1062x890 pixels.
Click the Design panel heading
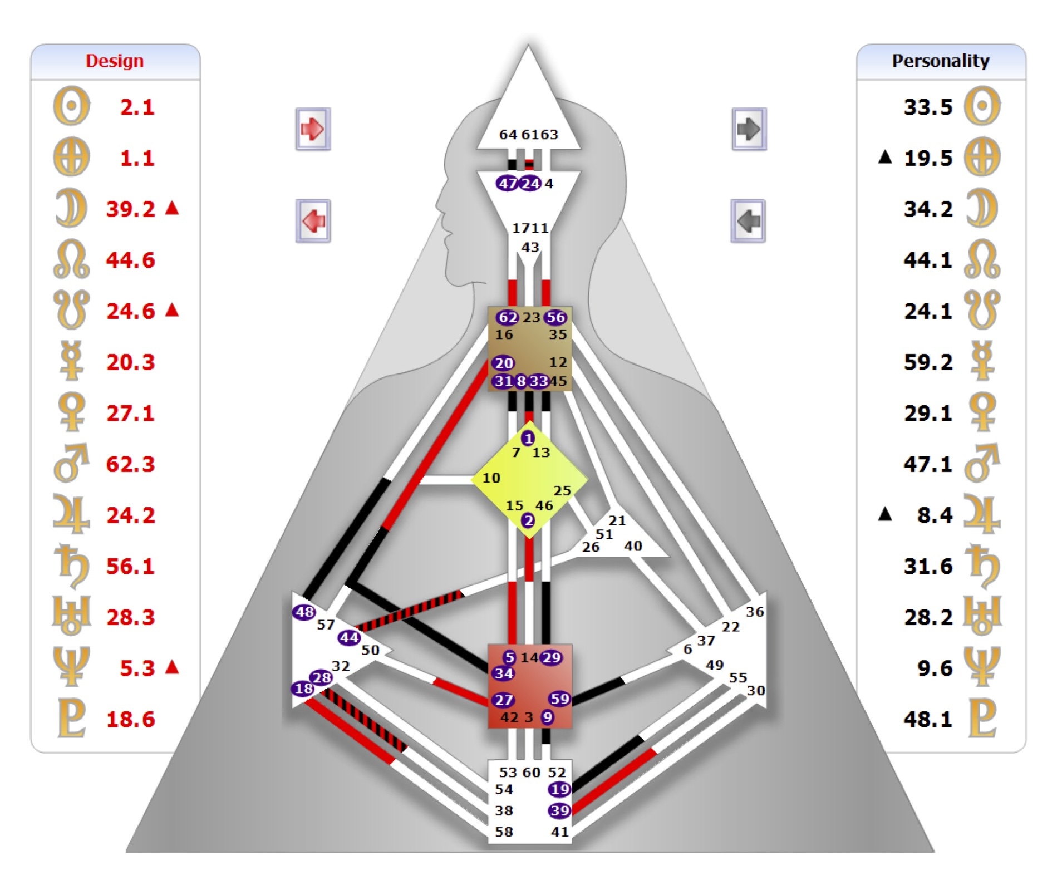(x=115, y=61)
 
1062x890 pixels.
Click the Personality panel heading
(x=940, y=61)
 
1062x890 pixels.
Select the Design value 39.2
(x=131, y=209)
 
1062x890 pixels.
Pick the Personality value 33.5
(x=928, y=107)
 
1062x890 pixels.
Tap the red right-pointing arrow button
(x=313, y=129)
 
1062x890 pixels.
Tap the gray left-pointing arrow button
(x=748, y=221)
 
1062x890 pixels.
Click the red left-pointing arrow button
(x=313, y=221)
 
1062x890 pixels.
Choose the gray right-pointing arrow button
(x=749, y=129)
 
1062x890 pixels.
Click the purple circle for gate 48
(x=304, y=612)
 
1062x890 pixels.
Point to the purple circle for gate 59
(x=559, y=699)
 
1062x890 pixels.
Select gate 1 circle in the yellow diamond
(x=528, y=438)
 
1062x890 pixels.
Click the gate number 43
(x=530, y=247)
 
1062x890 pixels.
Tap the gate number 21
(x=617, y=520)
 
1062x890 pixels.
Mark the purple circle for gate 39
(x=559, y=810)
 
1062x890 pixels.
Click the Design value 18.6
(x=131, y=719)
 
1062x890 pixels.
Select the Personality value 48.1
(x=928, y=719)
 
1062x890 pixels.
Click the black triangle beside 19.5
(x=885, y=158)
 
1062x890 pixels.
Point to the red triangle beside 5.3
(x=173, y=666)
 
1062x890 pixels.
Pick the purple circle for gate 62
(x=507, y=317)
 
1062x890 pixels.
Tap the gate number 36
(x=755, y=612)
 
